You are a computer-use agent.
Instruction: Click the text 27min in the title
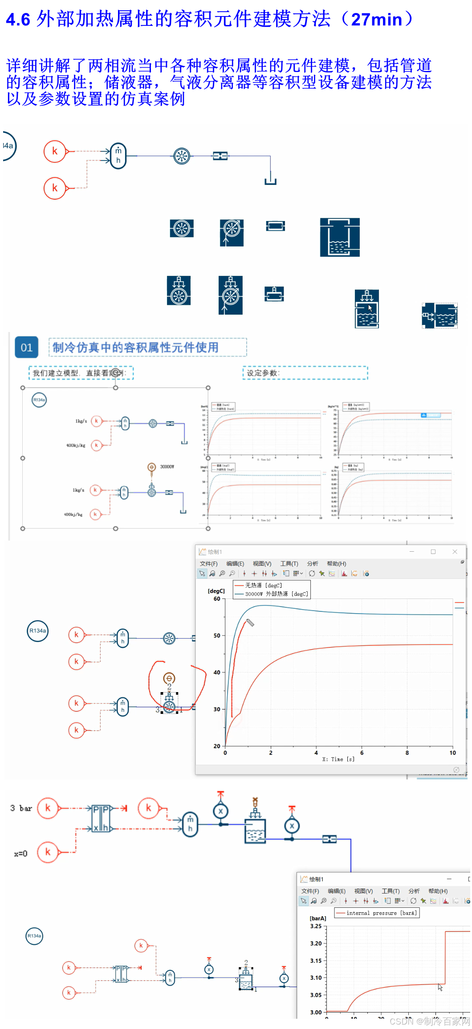click(377, 20)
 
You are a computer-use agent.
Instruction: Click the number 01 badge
click(26, 348)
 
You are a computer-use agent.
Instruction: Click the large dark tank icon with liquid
click(340, 238)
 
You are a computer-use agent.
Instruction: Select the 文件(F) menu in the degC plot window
click(208, 564)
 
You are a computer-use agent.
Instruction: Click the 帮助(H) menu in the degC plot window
click(336, 564)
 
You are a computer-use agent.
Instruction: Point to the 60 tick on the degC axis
click(217, 599)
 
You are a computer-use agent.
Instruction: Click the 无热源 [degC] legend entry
click(263, 586)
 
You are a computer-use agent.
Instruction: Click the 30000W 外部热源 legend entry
click(276, 594)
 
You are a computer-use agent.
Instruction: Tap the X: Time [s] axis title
click(338, 759)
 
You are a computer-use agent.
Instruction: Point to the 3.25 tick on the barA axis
click(316, 927)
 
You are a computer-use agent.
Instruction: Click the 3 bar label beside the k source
click(21, 808)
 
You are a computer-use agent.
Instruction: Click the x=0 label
click(20, 854)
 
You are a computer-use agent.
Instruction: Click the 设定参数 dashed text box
click(305, 373)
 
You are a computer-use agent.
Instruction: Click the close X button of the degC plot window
click(455, 552)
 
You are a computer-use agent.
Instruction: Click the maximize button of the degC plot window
click(433, 552)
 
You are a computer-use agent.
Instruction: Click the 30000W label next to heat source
click(167, 467)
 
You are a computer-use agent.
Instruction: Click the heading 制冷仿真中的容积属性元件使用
click(136, 348)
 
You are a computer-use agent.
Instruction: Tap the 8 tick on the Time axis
click(407, 753)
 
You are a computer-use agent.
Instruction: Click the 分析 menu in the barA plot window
click(414, 891)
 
